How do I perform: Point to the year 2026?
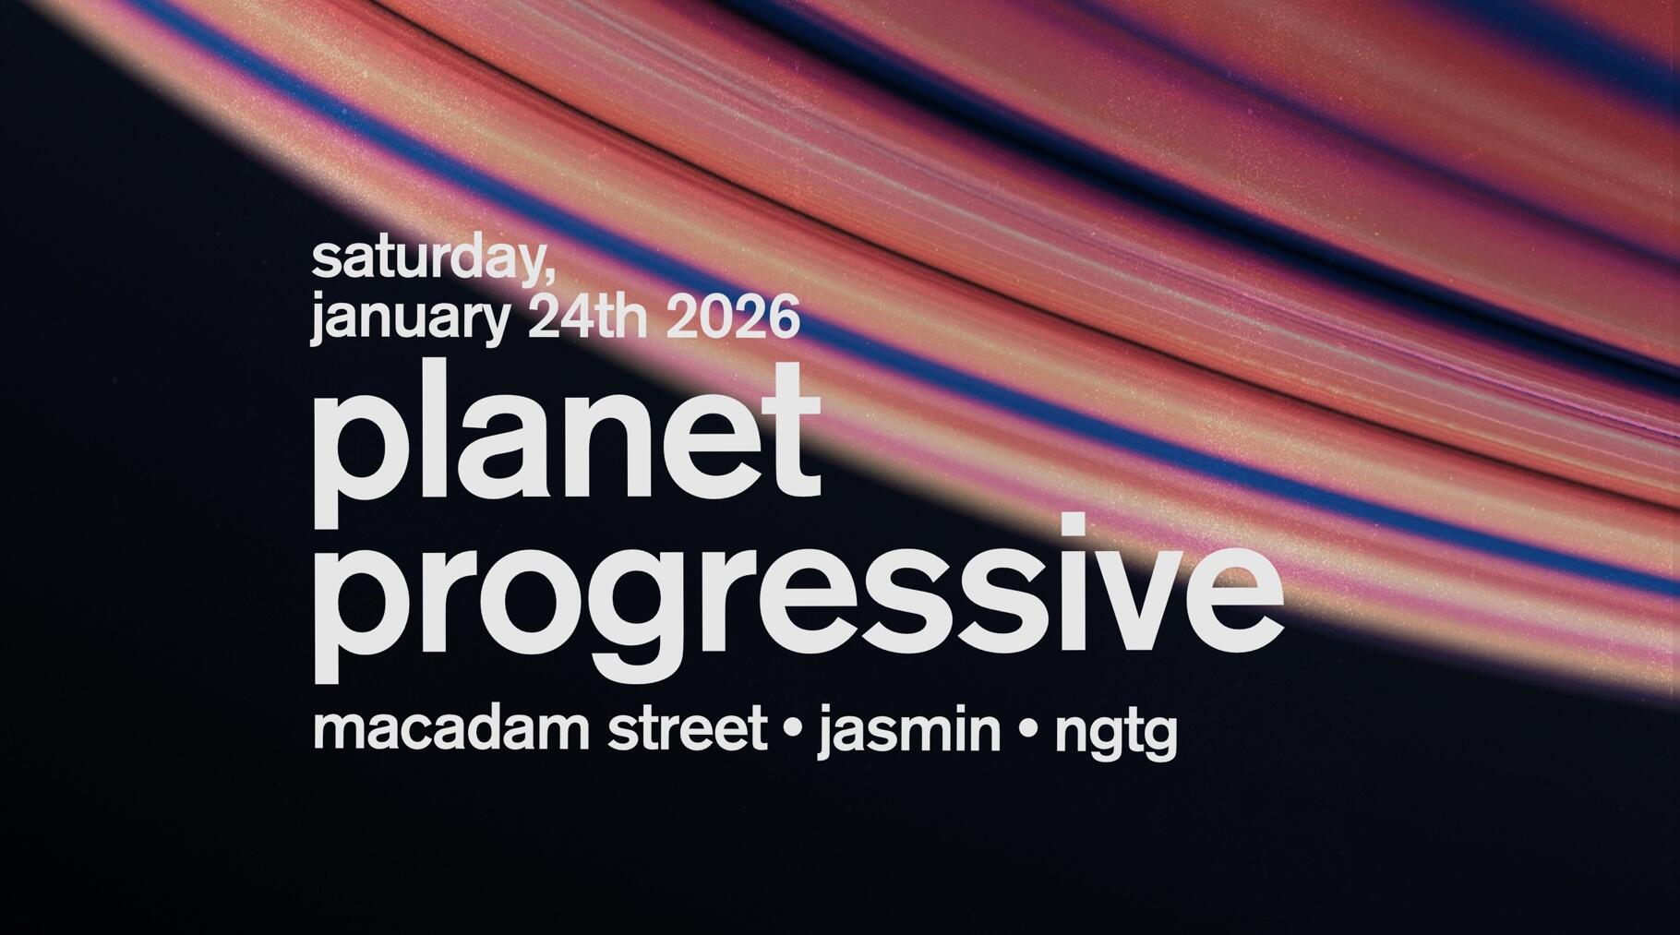click(731, 317)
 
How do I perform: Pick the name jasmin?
click(909, 732)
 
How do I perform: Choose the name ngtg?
click(1116, 736)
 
